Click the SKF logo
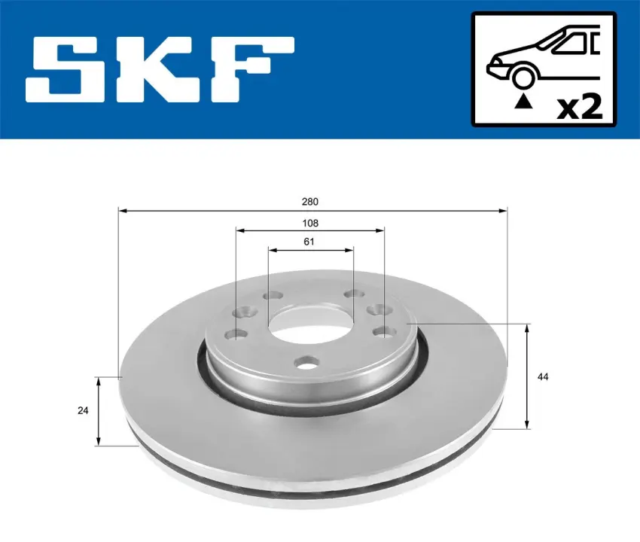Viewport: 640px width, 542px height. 160,69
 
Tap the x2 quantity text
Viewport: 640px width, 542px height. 580,107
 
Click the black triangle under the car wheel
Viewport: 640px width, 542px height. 523,102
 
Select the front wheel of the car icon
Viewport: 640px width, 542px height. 524,78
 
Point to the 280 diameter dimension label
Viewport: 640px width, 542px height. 310,202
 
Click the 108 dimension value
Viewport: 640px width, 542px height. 310,224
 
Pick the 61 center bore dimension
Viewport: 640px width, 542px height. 309,242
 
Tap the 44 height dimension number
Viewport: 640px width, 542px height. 542,376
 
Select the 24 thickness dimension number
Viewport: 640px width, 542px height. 83,410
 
